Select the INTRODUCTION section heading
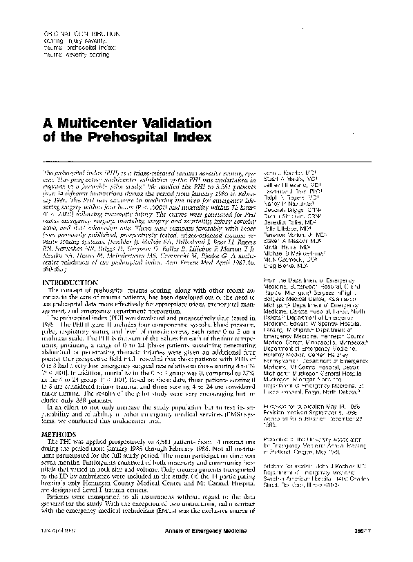pos(71,282)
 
